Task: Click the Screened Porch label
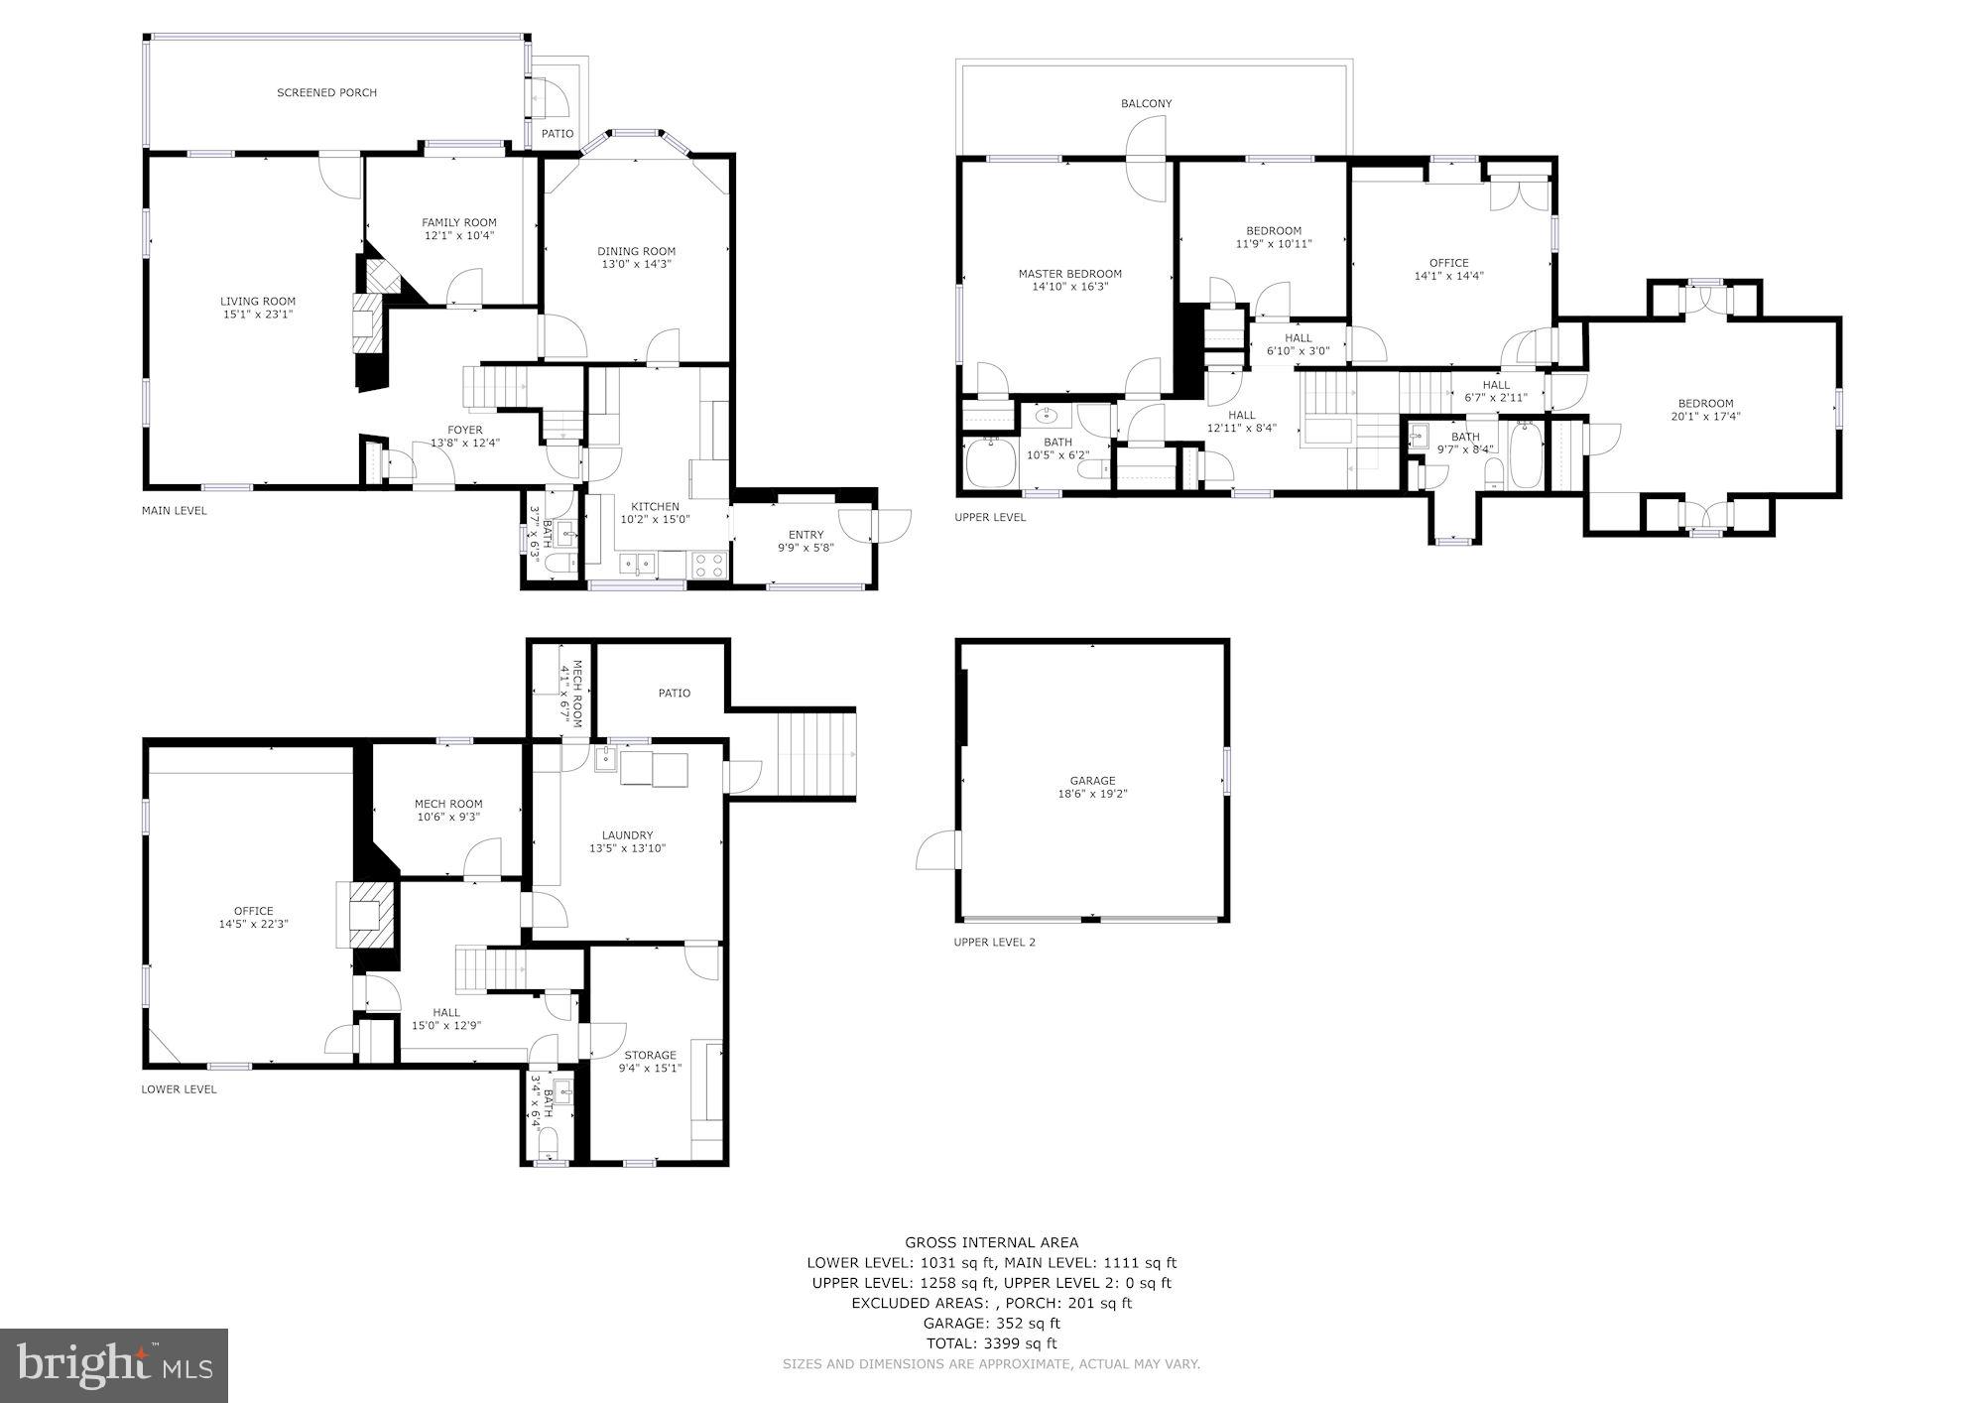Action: [326, 93]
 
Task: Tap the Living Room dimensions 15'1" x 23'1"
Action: [258, 315]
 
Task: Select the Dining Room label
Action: [636, 252]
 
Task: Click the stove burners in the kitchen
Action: [708, 566]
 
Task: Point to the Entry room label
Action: [806, 536]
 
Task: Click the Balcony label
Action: [1146, 103]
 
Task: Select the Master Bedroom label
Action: [1069, 274]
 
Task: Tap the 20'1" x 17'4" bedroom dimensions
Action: [1705, 417]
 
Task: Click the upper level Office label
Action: [1448, 263]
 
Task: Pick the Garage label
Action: [1092, 781]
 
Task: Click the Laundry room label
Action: [627, 835]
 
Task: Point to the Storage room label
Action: [650, 1056]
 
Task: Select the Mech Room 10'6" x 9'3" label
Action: [448, 805]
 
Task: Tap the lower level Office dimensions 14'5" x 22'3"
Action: [253, 924]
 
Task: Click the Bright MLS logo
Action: [113, 1366]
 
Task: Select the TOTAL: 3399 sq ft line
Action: [991, 1343]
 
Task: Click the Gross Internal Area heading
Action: [991, 1242]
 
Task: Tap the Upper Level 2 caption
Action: [994, 942]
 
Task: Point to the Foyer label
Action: [464, 431]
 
